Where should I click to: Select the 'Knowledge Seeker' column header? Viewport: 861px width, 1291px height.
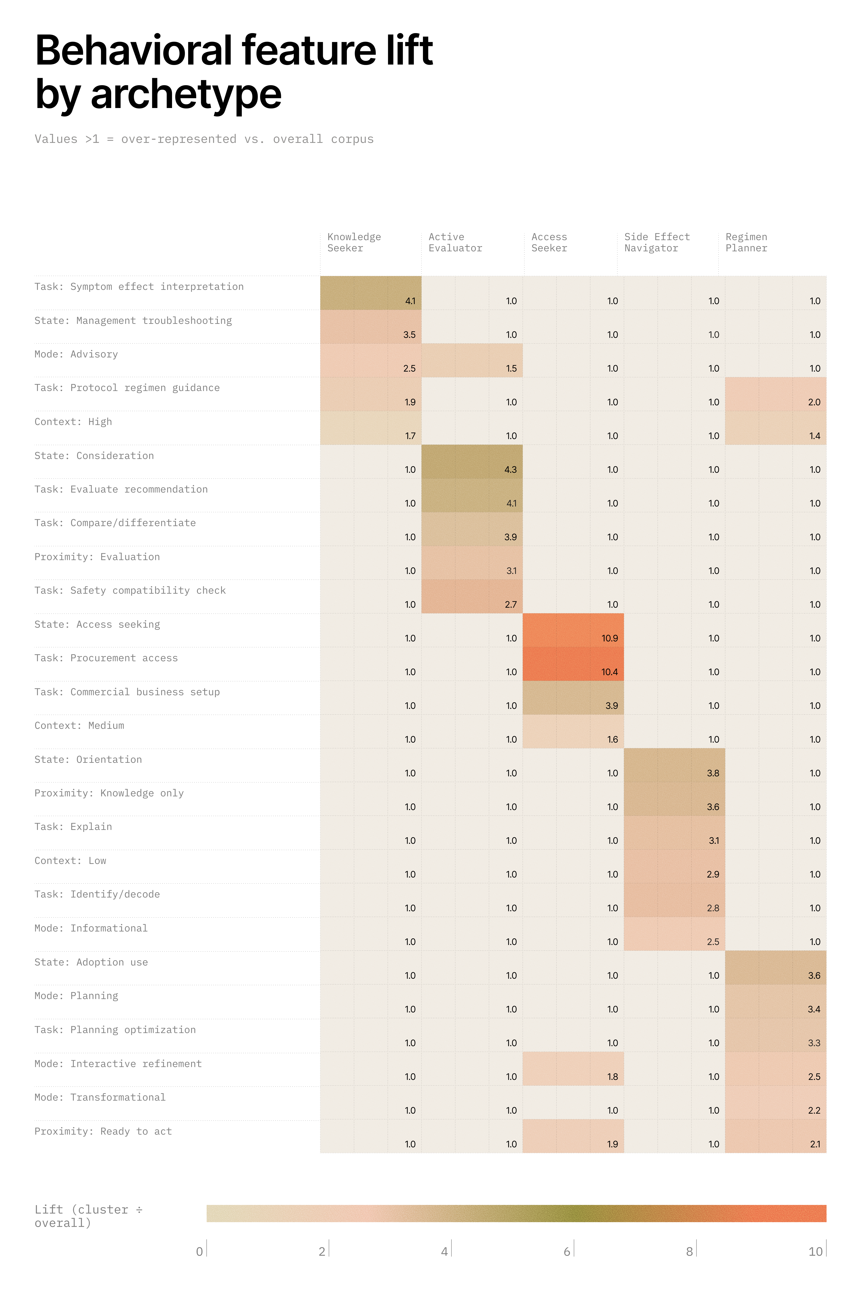[x=354, y=243]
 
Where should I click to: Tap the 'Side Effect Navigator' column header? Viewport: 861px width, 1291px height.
[x=657, y=243]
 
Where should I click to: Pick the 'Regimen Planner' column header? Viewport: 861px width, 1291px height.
[x=746, y=243]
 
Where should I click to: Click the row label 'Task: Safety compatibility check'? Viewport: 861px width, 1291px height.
[x=130, y=591]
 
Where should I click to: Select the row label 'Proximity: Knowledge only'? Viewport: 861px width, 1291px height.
[x=109, y=793]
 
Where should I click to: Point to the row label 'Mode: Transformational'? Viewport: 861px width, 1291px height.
[x=100, y=1097]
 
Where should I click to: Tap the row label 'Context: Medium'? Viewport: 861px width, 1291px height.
[x=80, y=726]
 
